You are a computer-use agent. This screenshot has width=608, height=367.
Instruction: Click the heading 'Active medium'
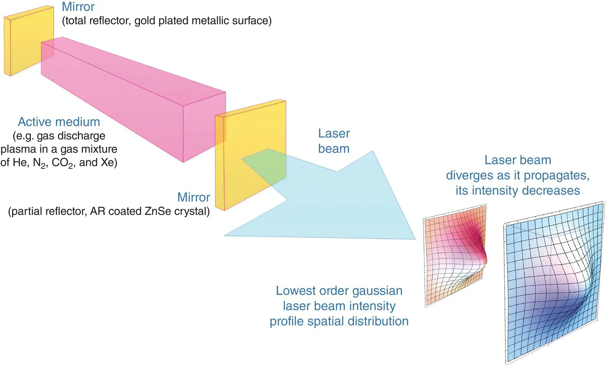[59, 122]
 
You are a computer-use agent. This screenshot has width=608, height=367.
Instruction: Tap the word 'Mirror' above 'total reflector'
[78, 7]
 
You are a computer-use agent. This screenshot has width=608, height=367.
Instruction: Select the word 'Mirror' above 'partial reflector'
[194, 197]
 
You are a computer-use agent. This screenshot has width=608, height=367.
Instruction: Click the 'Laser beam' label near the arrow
[334, 141]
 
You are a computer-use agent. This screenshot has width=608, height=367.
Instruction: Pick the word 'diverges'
[468, 175]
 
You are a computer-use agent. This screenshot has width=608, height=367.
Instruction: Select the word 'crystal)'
[192, 211]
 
